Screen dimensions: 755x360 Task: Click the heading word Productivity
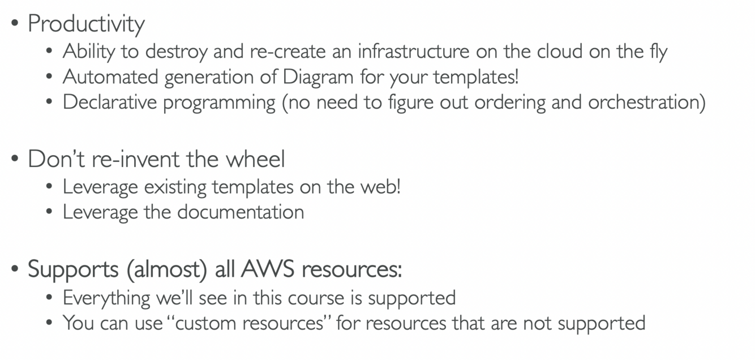(86, 24)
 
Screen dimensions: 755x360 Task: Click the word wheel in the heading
(255, 160)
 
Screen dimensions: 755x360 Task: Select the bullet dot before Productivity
(15, 25)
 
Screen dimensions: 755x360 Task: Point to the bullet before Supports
(15, 270)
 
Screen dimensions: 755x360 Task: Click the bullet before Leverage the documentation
(50, 213)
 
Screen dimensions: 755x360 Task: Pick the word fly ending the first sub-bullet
(657, 52)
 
